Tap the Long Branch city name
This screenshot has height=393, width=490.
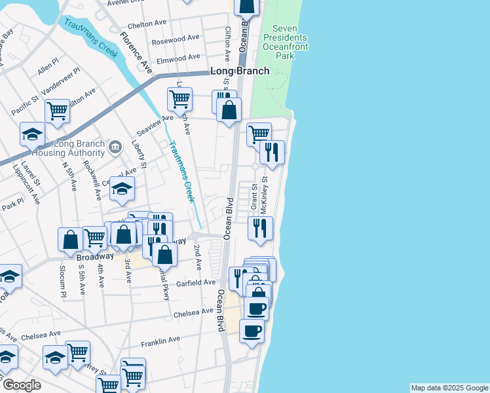tap(240, 71)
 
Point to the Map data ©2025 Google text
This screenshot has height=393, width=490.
tap(449, 388)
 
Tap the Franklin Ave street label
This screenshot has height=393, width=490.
tap(160, 340)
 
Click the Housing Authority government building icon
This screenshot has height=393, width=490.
tap(115, 146)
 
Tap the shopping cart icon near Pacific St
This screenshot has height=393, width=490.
tap(58, 111)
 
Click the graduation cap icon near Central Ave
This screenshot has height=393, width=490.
tap(122, 188)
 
